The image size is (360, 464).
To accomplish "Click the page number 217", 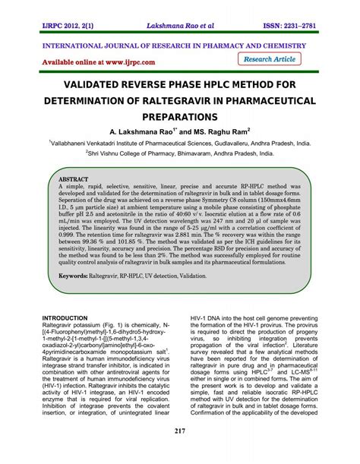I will (180, 453).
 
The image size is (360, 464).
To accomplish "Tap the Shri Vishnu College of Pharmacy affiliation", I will (180, 152).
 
